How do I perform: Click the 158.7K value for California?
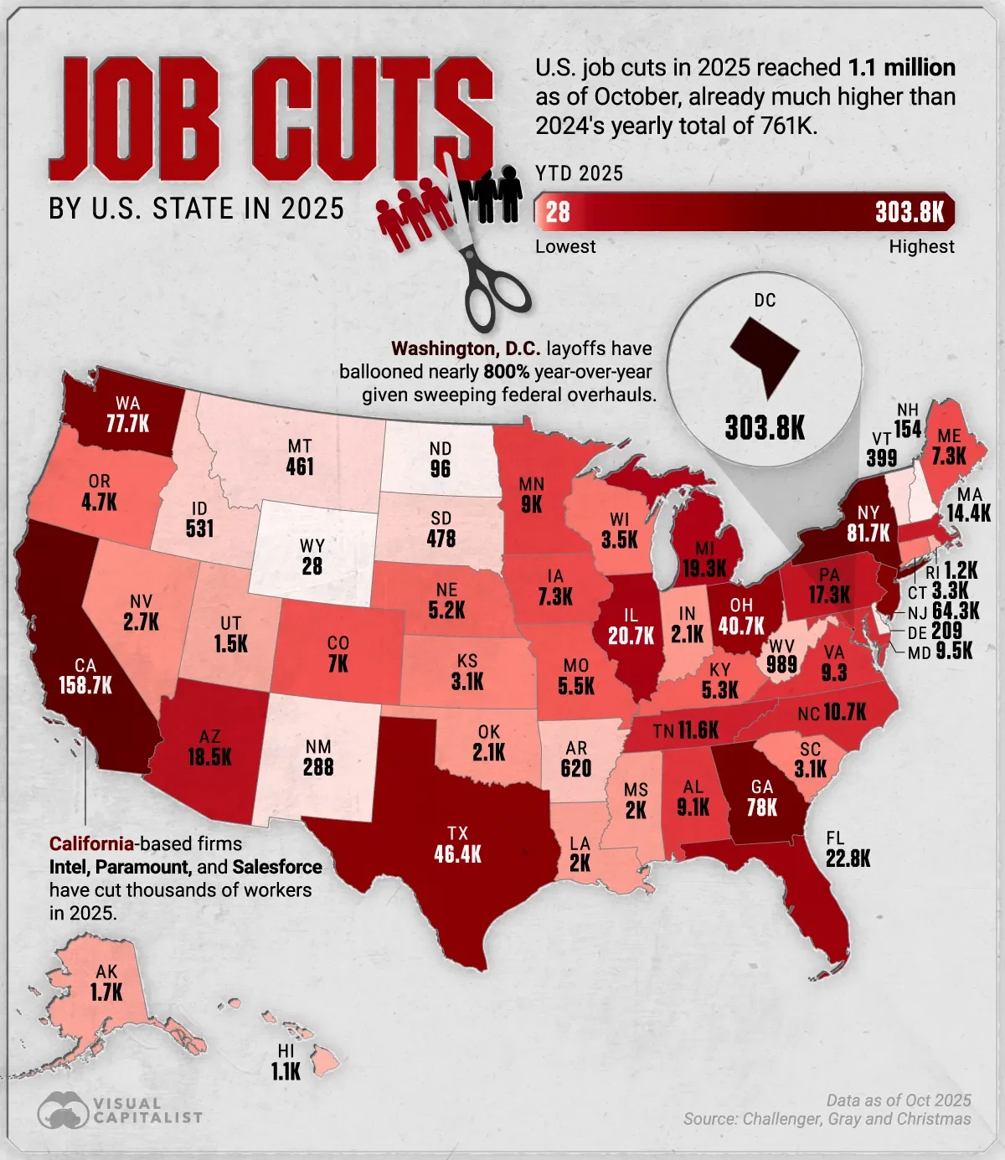pyautogui.click(x=85, y=686)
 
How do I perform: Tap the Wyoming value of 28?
pyautogui.click(x=312, y=567)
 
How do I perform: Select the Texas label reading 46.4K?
pyautogui.click(x=457, y=854)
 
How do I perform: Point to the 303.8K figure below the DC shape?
pyautogui.click(x=765, y=428)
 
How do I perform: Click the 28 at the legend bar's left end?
pyautogui.click(x=558, y=212)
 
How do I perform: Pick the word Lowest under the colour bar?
pyautogui.click(x=565, y=246)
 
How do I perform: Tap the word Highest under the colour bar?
pyautogui.click(x=921, y=246)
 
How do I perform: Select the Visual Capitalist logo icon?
pyautogui.click(x=63, y=1111)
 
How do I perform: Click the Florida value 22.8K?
pyautogui.click(x=848, y=858)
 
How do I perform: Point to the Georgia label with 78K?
pyautogui.click(x=762, y=807)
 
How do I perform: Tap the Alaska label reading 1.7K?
pyautogui.click(x=106, y=992)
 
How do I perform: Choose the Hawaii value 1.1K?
pyautogui.click(x=286, y=1071)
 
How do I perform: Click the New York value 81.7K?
pyautogui.click(x=868, y=533)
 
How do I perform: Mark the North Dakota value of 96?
pyautogui.click(x=441, y=469)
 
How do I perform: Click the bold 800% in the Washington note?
pyautogui.click(x=507, y=371)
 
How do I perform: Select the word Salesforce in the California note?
pyautogui.click(x=277, y=867)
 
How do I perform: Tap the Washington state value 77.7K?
pyautogui.click(x=127, y=424)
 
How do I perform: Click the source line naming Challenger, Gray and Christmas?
pyautogui.click(x=827, y=1119)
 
